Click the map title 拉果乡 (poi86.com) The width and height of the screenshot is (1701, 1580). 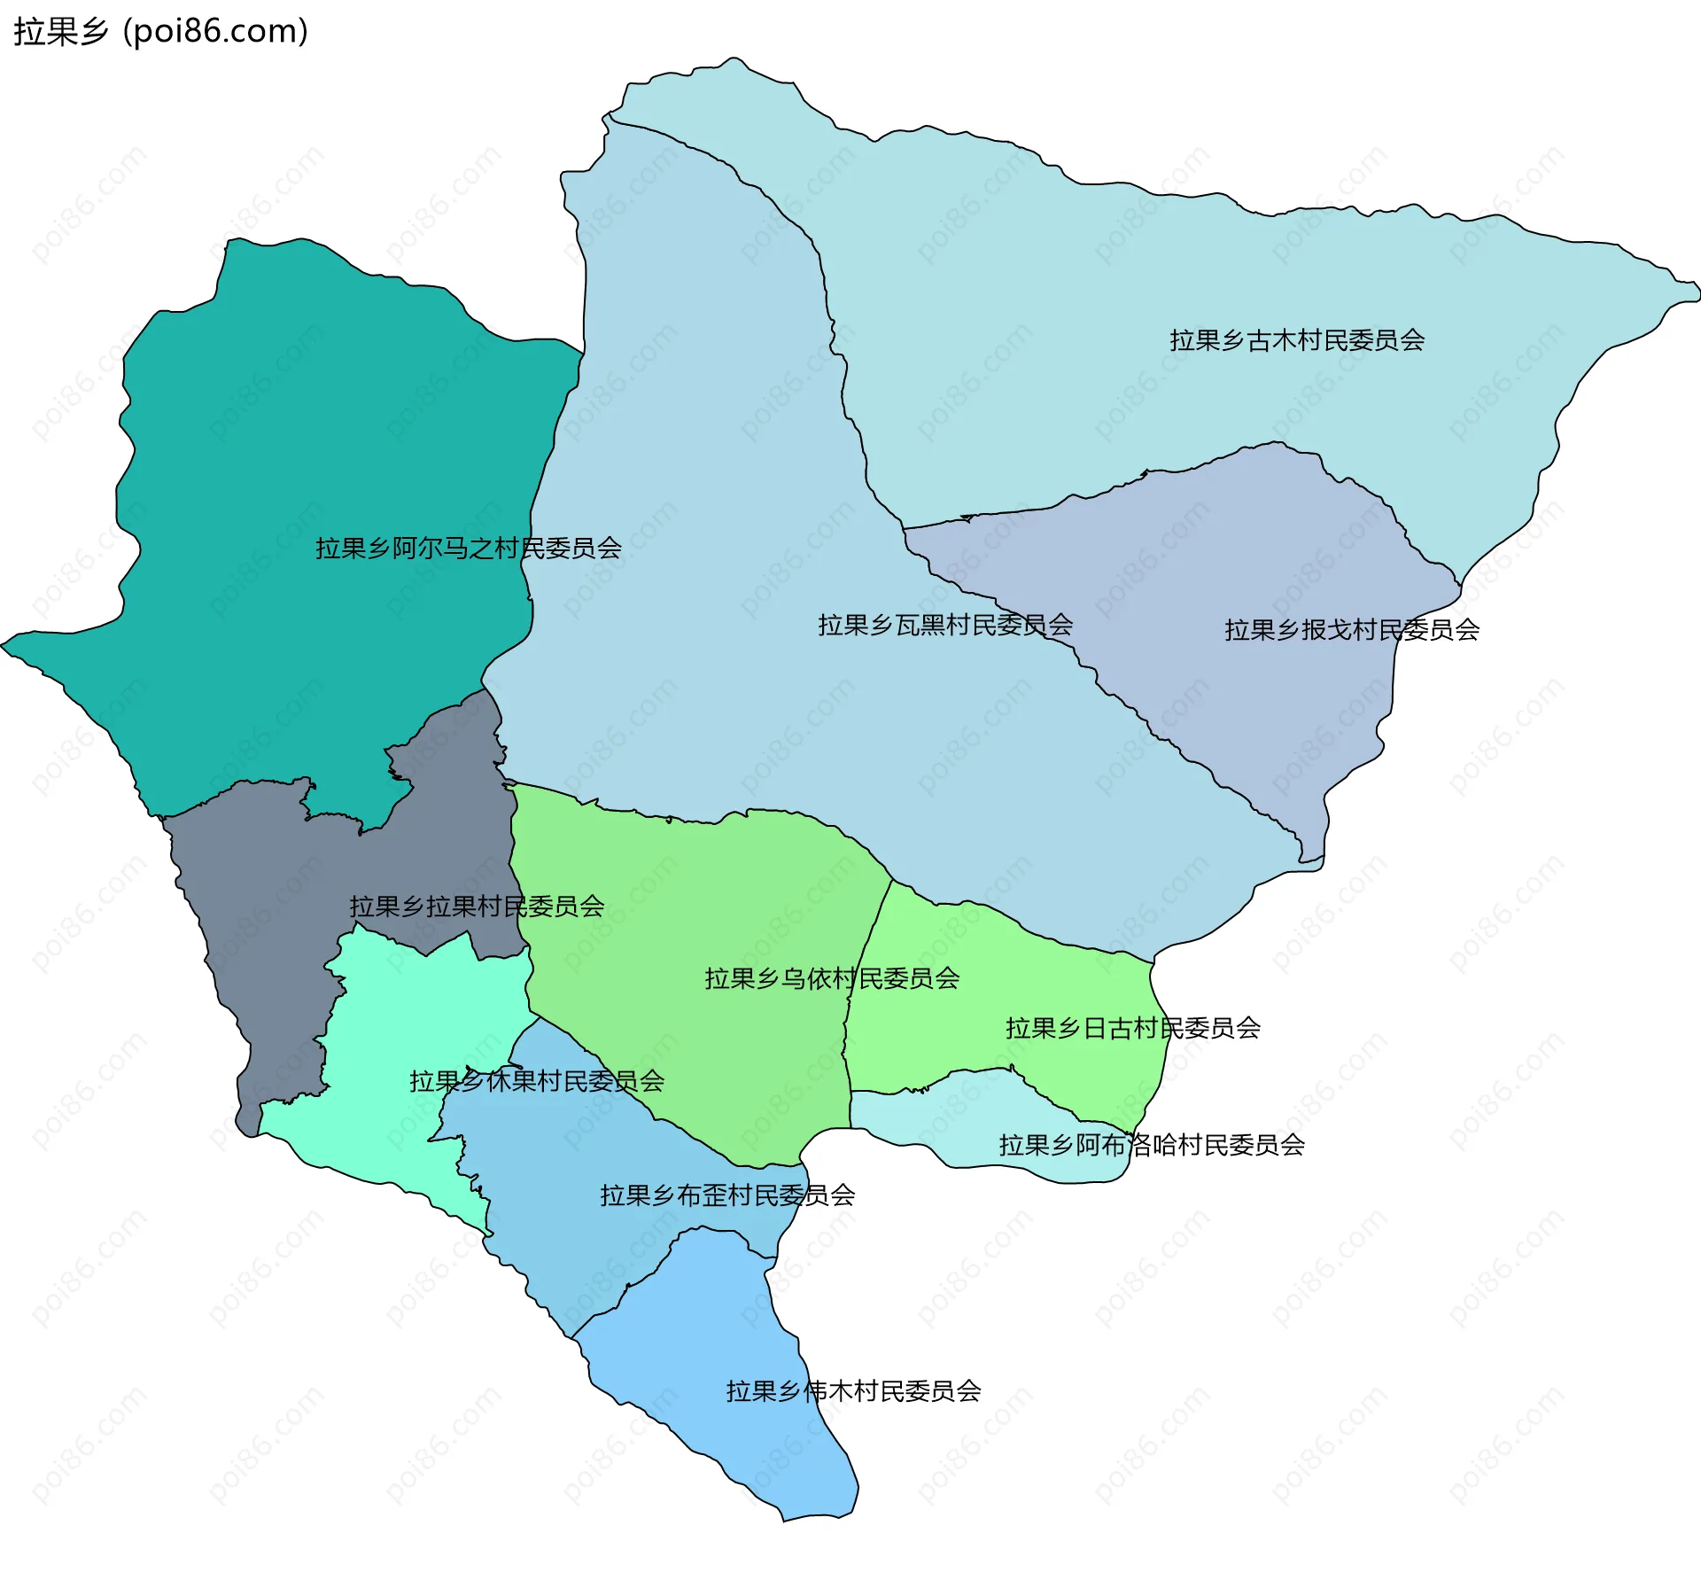(x=160, y=31)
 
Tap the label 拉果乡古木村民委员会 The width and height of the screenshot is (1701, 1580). (x=1296, y=340)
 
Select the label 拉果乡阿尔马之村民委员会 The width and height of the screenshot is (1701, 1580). (x=468, y=549)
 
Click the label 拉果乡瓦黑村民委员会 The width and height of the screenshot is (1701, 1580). (x=944, y=626)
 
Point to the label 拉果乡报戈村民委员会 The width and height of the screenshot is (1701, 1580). (x=1351, y=630)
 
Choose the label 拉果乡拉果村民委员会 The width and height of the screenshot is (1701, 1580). (x=477, y=907)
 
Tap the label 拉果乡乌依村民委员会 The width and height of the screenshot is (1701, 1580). (x=831, y=978)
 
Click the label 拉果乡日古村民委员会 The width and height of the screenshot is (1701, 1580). (x=1132, y=1028)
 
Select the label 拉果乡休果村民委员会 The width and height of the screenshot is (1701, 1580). (x=536, y=1081)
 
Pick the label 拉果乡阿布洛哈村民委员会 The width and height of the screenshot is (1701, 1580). (x=1151, y=1145)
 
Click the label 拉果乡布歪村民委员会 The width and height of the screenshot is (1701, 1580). (x=726, y=1195)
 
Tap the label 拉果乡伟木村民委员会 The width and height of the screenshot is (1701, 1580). (x=853, y=1391)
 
